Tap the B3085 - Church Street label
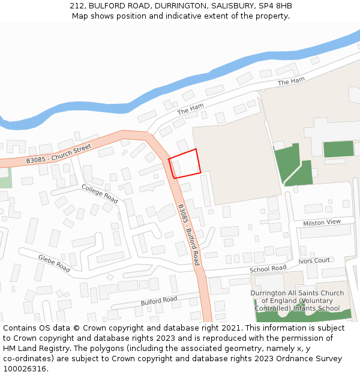(x=59, y=154)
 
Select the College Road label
(x=100, y=193)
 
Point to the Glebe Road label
(x=54, y=263)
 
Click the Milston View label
(x=322, y=222)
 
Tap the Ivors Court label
(x=314, y=260)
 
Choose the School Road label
(x=268, y=269)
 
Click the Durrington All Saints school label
(x=297, y=301)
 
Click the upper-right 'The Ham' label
(x=291, y=81)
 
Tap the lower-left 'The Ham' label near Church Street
(x=191, y=109)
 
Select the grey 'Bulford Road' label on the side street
(x=159, y=300)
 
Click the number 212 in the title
(x=77, y=5)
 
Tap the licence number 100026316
(x=26, y=369)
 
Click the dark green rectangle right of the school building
(x=338, y=149)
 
